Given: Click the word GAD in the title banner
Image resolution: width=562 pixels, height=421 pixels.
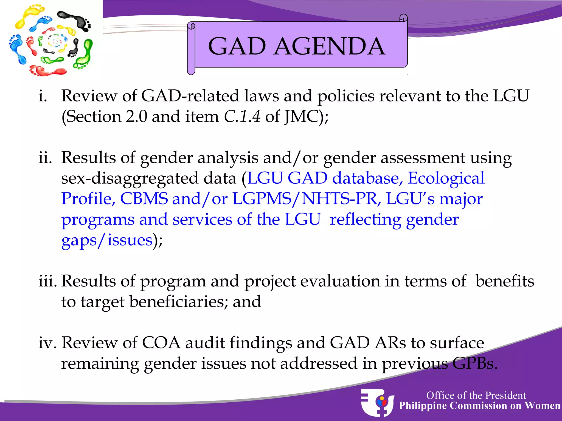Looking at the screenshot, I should [x=237, y=46].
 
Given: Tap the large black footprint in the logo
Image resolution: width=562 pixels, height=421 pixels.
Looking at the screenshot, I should [x=75, y=21].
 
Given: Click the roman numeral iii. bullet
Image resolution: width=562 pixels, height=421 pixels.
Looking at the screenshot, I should [x=47, y=281].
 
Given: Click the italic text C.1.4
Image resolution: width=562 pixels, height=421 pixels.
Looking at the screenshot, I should [x=242, y=116].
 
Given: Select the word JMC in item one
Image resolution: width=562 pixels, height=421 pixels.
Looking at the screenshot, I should [x=301, y=116].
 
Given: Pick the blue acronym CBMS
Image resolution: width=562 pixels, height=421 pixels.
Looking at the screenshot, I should [x=144, y=199].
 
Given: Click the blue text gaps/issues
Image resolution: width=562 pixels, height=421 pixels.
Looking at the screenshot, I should [x=107, y=240].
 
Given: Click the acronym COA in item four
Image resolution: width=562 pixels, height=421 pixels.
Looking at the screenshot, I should [x=161, y=343].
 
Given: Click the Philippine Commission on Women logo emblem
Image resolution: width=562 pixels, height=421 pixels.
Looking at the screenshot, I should [x=377, y=402].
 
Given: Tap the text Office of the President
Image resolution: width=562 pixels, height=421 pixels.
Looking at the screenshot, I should [x=476, y=396].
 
